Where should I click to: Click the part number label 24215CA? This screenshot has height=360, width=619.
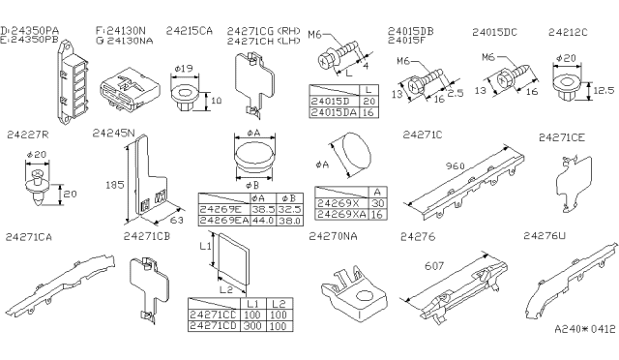[189, 31]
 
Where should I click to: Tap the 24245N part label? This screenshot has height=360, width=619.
[113, 133]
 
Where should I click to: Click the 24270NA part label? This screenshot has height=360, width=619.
[333, 235]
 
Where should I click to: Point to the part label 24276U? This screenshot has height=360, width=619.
[545, 235]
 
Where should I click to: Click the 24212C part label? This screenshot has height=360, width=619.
[569, 31]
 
